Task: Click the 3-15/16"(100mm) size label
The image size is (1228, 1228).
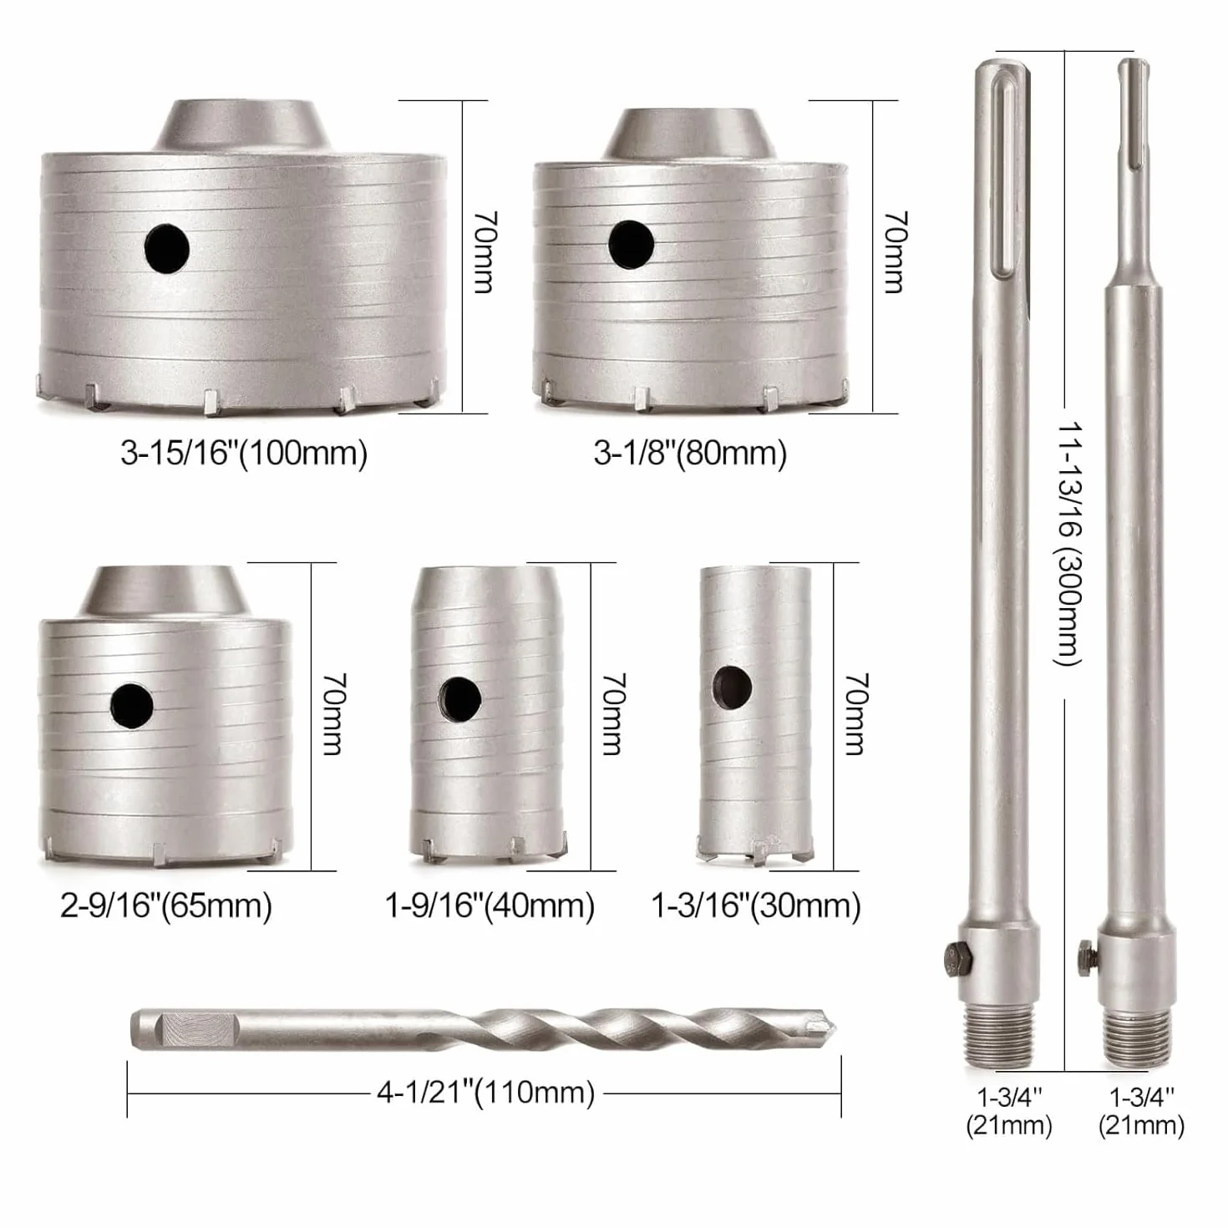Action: coord(244,454)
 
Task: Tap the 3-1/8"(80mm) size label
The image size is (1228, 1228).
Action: coord(690,454)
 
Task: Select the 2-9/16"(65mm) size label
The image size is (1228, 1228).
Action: coord(166,906)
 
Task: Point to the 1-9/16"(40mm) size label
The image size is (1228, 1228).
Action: coord(490,906)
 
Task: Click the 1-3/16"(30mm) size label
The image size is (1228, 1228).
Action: coord(756,906)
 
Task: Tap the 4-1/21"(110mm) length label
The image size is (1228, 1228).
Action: coord(485,1093)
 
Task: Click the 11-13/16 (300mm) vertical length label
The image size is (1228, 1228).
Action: coord(1068,543)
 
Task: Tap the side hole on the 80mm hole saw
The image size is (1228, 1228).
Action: coord(631,244)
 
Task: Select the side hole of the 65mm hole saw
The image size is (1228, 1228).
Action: coord(131,706)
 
